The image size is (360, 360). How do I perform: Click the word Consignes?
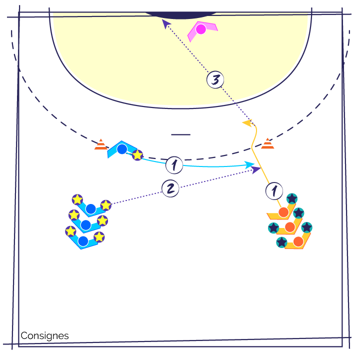[44, 335]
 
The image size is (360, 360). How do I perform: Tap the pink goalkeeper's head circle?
[201, 29]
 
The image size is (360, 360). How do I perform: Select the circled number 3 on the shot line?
[215, 79]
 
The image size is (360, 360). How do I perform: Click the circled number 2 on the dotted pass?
[170, 188]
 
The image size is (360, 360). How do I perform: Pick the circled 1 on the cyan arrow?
[174, 165]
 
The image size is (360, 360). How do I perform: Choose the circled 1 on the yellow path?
[274, 191]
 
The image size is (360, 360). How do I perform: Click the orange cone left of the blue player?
[101, 144]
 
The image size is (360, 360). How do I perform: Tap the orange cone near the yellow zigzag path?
[267, 143]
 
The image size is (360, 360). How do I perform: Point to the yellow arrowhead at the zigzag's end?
[248, 123]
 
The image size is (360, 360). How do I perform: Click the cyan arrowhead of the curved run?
[249, 165]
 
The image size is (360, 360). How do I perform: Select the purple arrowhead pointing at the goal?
[166, 23]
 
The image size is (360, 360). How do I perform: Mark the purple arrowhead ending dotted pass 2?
[256, 170]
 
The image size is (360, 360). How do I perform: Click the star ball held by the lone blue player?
[137, 155]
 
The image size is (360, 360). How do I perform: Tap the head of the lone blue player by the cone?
[122, 149]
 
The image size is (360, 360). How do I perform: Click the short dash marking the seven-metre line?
[181, 134]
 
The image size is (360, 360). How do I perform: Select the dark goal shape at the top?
[181, 15]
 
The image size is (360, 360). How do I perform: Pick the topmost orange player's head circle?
[283, 212]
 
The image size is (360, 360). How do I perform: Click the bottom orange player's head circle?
[298, 242]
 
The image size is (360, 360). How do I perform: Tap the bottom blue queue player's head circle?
[83, 241]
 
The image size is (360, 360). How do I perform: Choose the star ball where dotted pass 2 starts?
[106, 205]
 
